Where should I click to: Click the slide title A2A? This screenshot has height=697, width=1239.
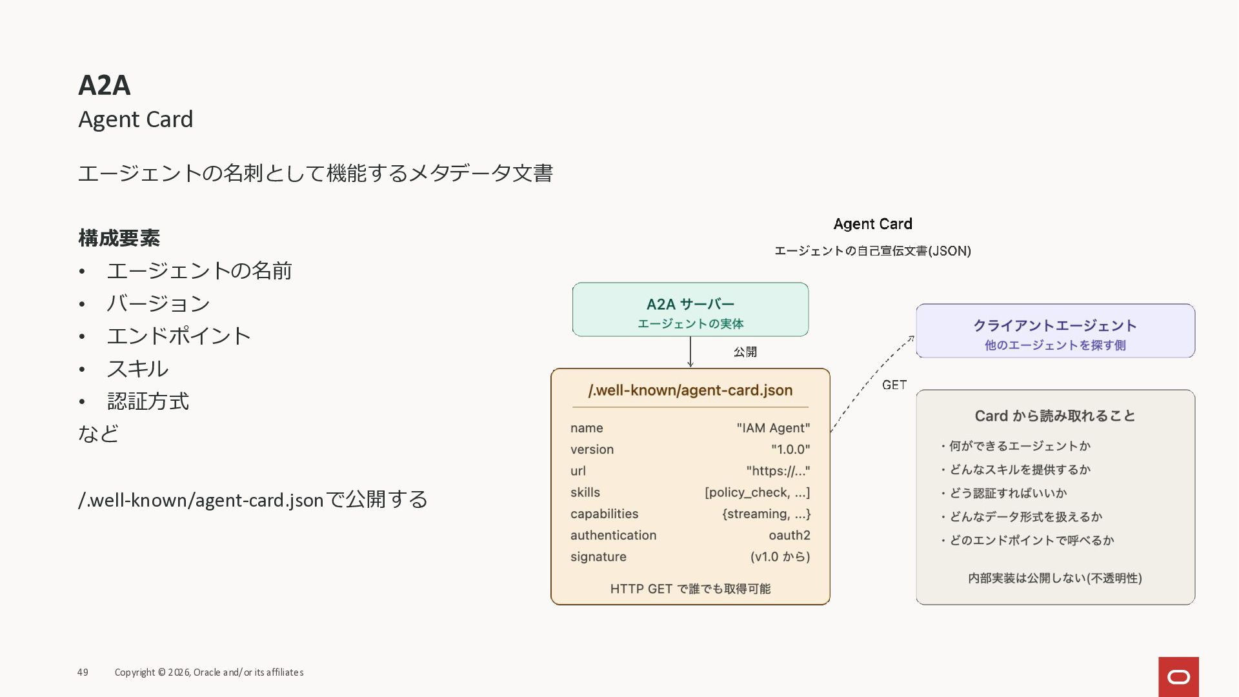(104, 85)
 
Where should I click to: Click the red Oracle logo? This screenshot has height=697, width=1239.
(1178, 676)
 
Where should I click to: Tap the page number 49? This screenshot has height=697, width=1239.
(83, 672)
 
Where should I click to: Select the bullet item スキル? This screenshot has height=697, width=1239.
(137, 369)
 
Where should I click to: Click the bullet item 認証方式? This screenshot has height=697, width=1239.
(148, 401)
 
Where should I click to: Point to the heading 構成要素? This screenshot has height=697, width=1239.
(119, 238)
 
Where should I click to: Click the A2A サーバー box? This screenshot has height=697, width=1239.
(690, 310)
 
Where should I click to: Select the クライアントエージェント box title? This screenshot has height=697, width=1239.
(1054, 326)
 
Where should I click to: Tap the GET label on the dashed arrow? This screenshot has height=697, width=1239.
(894, 385)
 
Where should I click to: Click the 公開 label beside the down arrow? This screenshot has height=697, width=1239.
(745, 352)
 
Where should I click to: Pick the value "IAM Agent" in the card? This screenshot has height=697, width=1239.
(773, 428)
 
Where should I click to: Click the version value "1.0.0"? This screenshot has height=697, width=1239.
(790, 449)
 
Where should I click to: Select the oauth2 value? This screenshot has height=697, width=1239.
(789, 535)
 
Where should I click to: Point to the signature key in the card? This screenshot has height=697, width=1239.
(598, 556)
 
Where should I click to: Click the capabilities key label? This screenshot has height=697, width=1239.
(604, 514)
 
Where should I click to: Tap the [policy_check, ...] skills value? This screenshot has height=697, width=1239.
(757, 492)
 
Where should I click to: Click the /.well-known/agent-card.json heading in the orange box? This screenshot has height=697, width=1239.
(690, 390)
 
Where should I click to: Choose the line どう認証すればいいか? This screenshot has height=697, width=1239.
(1007, 493)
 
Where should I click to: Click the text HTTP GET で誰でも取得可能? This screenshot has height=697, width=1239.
(690, 589)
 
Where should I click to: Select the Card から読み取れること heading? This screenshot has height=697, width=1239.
(1054, 416)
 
